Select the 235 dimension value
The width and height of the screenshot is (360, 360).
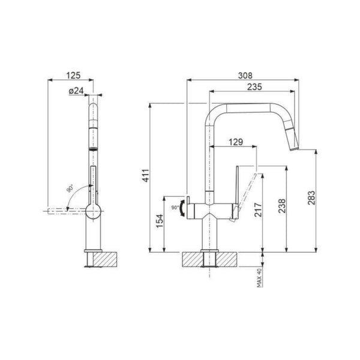(253, 87)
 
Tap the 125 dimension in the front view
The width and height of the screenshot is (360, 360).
(73, 76)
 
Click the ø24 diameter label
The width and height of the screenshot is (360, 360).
(76, 91)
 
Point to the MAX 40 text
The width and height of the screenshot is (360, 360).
(259, 277)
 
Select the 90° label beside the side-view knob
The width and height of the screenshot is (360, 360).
(175, 206)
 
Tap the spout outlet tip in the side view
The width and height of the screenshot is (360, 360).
(294, 148)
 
